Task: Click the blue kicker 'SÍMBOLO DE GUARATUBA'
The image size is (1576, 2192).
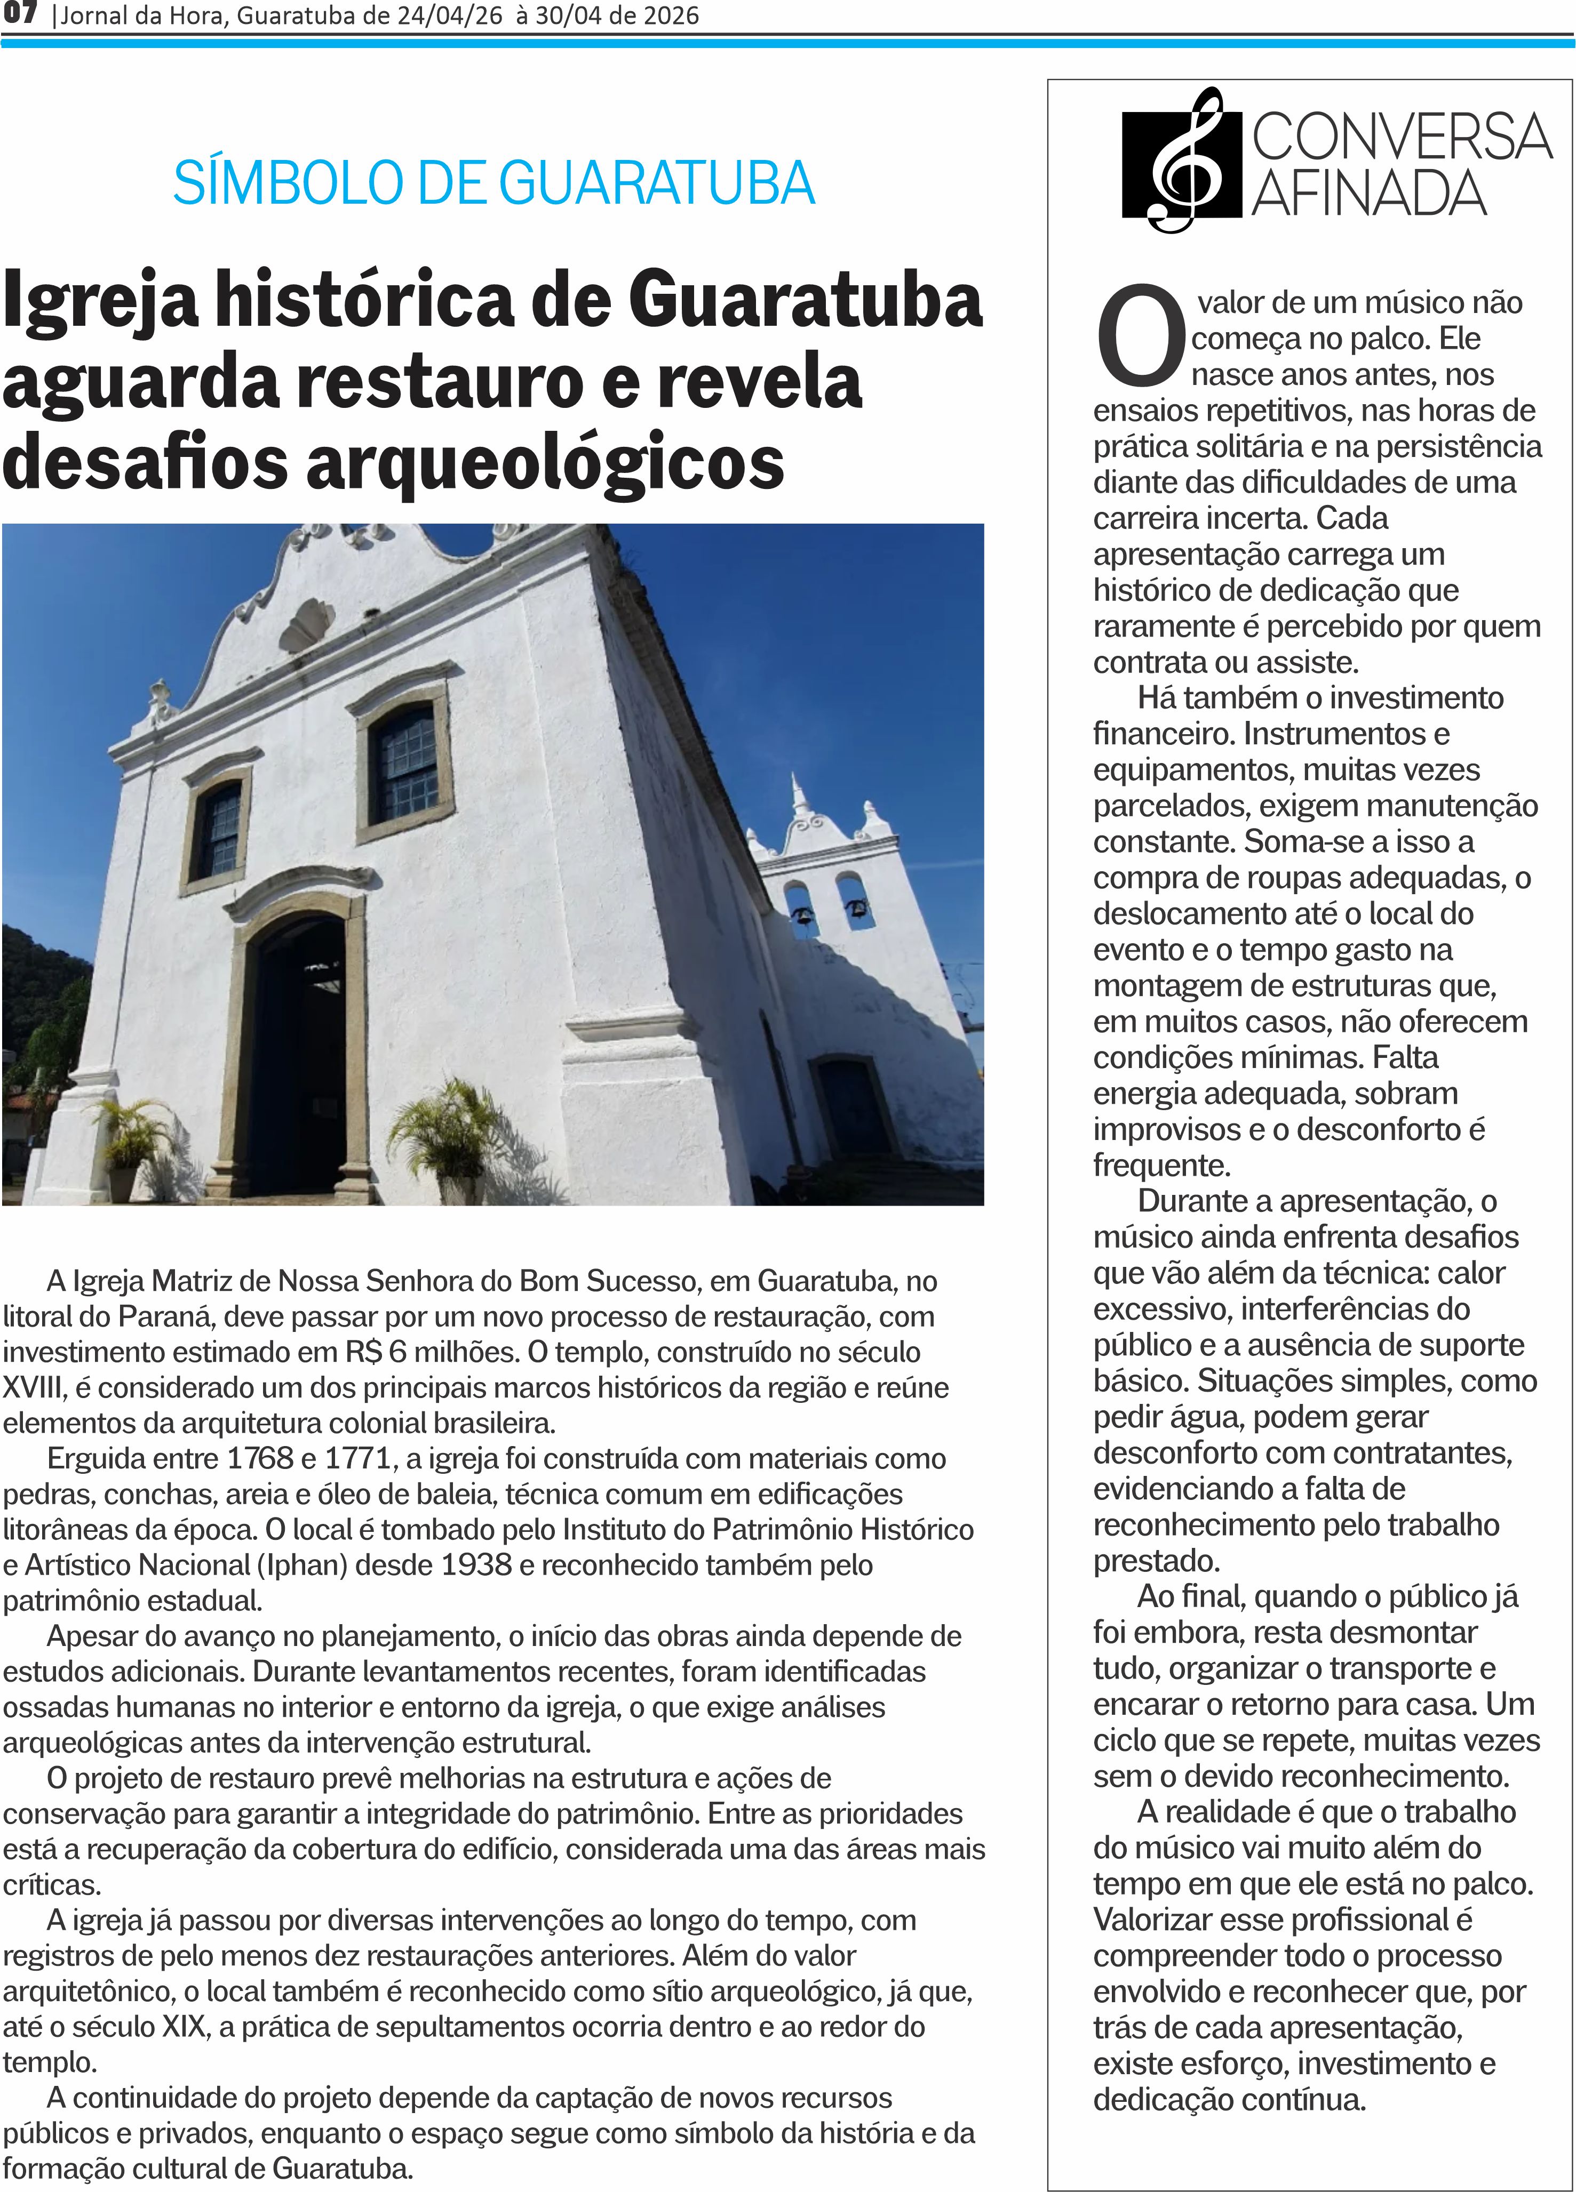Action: pos(493,183)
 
